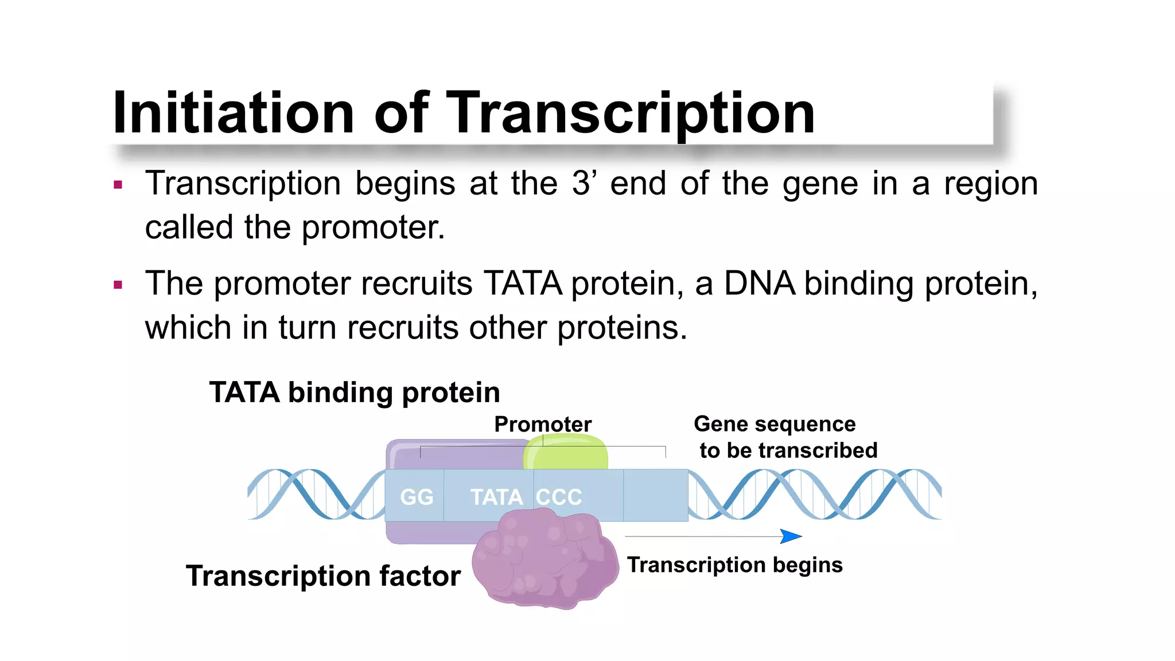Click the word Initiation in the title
coord(233,113)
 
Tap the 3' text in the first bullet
coord(584,184)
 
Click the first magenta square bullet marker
coord(118,185)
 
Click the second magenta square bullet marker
coord(118,285)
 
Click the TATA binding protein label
coord(354,392)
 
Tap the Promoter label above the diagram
coord(542,425)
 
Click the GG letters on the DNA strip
coord(417,497)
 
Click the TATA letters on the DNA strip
coord(496,497)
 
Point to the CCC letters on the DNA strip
coord(559,497)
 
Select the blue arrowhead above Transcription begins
coord(791,536)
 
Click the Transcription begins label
coord(734,565)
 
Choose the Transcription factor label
coord(323,576)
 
